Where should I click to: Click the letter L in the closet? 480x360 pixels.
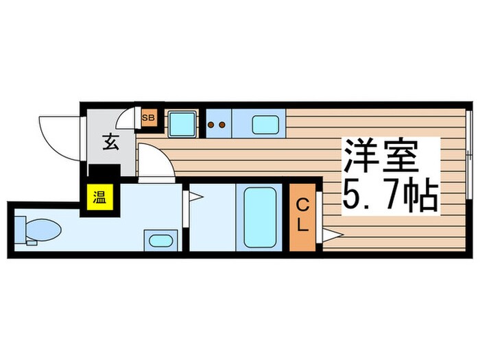click(x=302, y=224)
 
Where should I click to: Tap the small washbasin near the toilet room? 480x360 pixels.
click(x=160, y=241)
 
